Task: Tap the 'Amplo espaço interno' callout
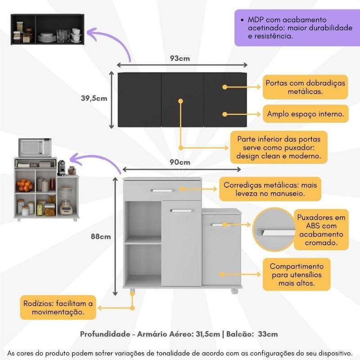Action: coord(306,114)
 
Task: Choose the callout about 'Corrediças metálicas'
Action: coord(270,189)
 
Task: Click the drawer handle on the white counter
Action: coord(162,190)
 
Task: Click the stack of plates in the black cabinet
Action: coord(47,37)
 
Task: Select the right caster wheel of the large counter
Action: coord(234,291)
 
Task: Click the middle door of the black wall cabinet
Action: coord(182,100)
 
